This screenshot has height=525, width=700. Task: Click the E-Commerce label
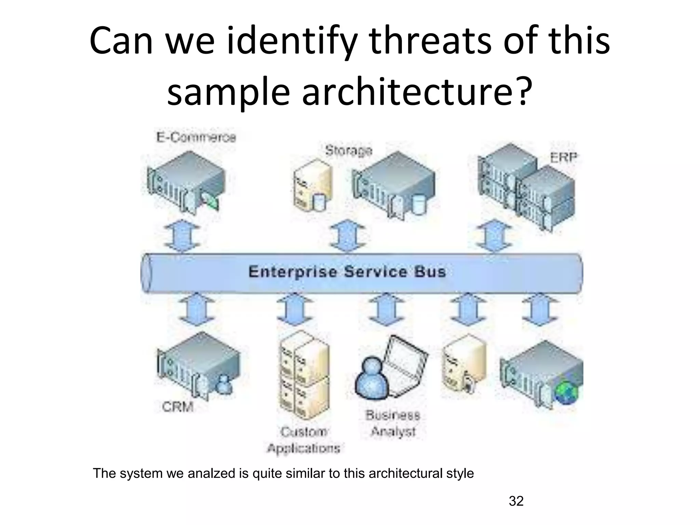coord(196,137)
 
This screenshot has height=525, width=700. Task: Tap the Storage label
coord(348,150)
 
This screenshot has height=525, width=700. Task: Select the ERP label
coord(563,158)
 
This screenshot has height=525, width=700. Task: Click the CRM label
coord(178,407)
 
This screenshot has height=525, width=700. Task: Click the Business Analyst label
coord(393,423)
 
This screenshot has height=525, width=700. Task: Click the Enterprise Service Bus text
coord(347,272)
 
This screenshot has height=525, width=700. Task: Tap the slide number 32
coord(516,501)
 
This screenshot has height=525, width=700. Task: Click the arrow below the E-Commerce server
coord(182,235)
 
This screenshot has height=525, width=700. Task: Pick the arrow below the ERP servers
coord(494,235)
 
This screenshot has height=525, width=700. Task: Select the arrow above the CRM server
coord(197,309)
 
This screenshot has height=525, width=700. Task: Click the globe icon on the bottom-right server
coord(567,393)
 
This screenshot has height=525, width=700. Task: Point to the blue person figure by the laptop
coord(372,377)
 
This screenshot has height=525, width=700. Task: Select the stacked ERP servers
coord(526,186)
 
